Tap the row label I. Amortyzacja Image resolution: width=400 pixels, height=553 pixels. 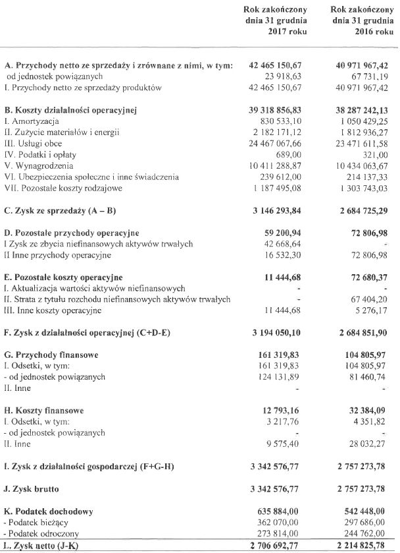32,122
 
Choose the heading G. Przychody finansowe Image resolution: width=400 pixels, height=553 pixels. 51,355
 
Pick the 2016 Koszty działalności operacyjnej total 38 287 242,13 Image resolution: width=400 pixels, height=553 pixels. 361,110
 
